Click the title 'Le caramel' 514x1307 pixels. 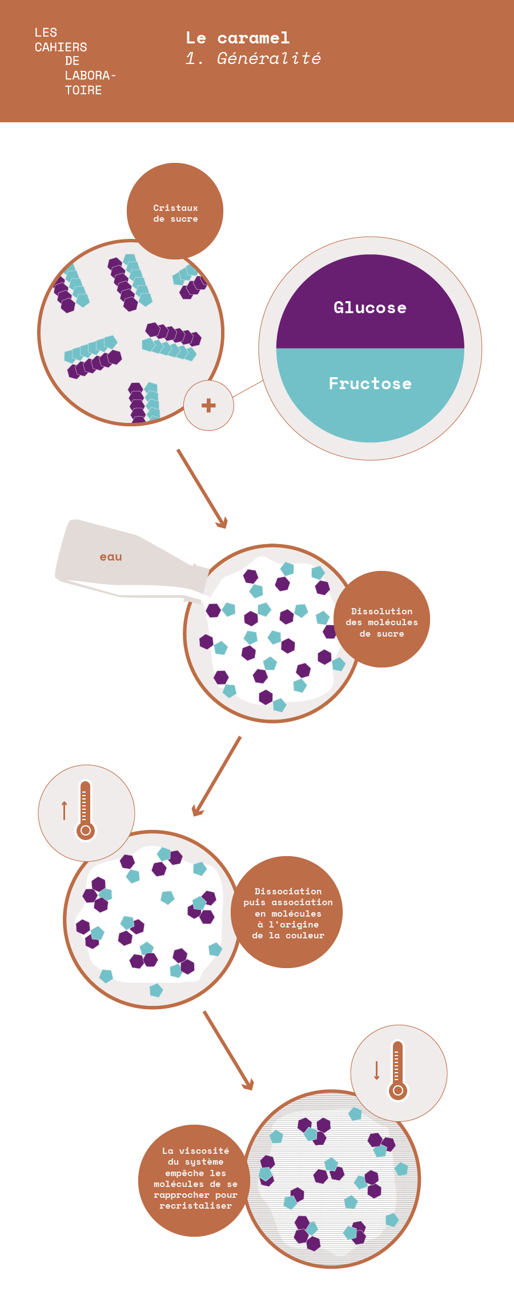tap(238, 38)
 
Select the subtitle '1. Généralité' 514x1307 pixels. tap(253, 58)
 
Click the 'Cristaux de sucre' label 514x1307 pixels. tap(175, 213)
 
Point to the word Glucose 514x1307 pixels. tap(370, 308)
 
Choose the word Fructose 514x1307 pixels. tap(370, 383)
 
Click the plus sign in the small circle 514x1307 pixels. tap(208, 406)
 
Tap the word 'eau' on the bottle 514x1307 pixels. tap(111, 557)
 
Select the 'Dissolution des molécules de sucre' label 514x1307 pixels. tap(382, 622)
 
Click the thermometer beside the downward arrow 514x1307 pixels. tap(398, 1070)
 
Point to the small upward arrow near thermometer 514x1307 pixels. tap(65, 810)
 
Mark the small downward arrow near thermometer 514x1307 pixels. tap(376, 1070)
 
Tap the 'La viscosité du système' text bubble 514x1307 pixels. tap(195, 1178)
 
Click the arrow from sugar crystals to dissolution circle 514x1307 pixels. tap(202, 489)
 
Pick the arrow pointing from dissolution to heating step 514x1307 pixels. tap(217, 776)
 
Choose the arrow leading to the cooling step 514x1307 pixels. tap(228, 1050)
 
